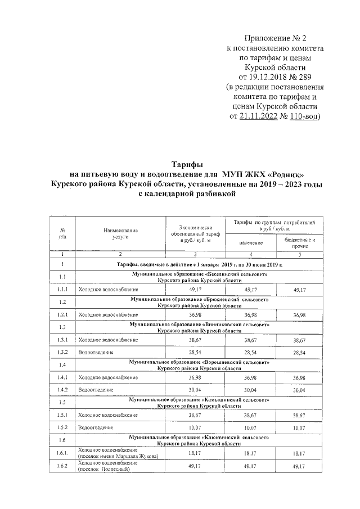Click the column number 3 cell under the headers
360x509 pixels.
(195, 255)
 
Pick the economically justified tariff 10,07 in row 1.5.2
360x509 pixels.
(195, 427)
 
